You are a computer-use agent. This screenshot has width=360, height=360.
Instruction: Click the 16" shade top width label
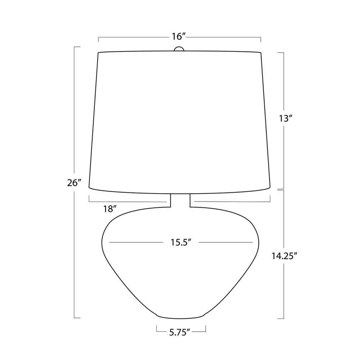point(179,36)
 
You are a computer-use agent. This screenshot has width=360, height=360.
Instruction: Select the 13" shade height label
point(285,118)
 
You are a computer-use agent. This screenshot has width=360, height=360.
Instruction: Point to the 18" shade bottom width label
point(110,209)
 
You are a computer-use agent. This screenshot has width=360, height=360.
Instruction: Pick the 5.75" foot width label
point(180,332)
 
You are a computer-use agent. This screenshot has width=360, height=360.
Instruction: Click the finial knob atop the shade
point(179,49)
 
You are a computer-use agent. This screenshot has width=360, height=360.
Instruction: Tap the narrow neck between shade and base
point(180,200)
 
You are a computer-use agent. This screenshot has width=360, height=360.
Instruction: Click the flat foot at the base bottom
point(180,317)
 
